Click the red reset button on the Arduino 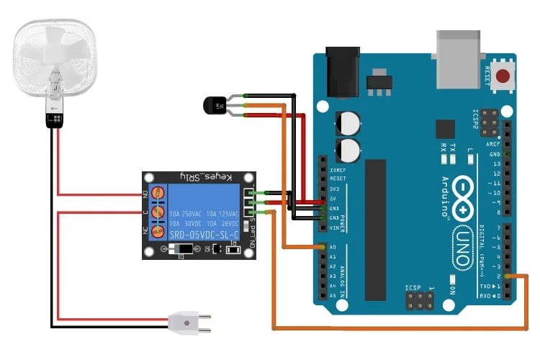pos(502,76)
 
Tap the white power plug pos(189,325)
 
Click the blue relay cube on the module pos(204,213)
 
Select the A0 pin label pos(333,247)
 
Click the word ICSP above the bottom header pos(413,288)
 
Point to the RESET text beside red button pos(487,76)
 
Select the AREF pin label pos(494,144)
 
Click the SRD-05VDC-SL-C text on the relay pos(203,235)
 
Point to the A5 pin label pos(333,296)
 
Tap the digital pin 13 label pos(496,164)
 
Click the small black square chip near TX pos(446,129)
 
